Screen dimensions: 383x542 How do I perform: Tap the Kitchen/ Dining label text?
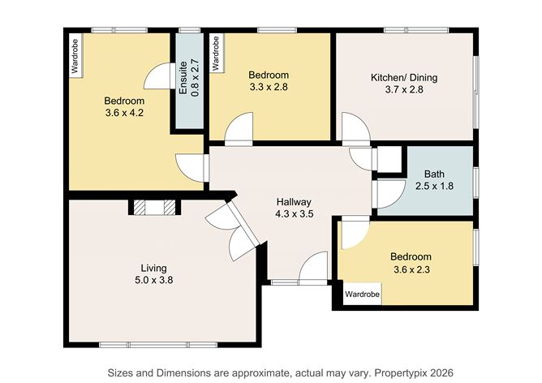click(403, 78)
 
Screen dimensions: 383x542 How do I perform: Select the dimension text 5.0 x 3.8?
click(153, 280)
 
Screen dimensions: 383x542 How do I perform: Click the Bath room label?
click(434, 174)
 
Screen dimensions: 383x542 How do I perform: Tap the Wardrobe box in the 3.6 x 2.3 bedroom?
click(362, 293)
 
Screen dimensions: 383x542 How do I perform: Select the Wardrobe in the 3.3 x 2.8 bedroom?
click(216, 54)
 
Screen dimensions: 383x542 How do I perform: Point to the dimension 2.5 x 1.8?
click(434, 186)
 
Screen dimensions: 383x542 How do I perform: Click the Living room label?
click(153, 268)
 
